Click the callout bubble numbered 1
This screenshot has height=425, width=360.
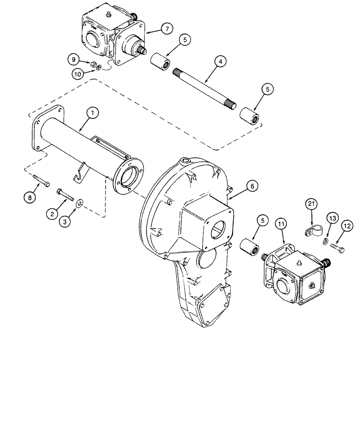pyautogui.click(x=93, y=113)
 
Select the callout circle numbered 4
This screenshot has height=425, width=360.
pyautogui.click(x=219, y=62)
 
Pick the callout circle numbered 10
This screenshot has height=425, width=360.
pyautogui.click(x=78, y=74)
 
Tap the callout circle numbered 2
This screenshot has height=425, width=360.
pyautogui.click(x=53, y=214)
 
